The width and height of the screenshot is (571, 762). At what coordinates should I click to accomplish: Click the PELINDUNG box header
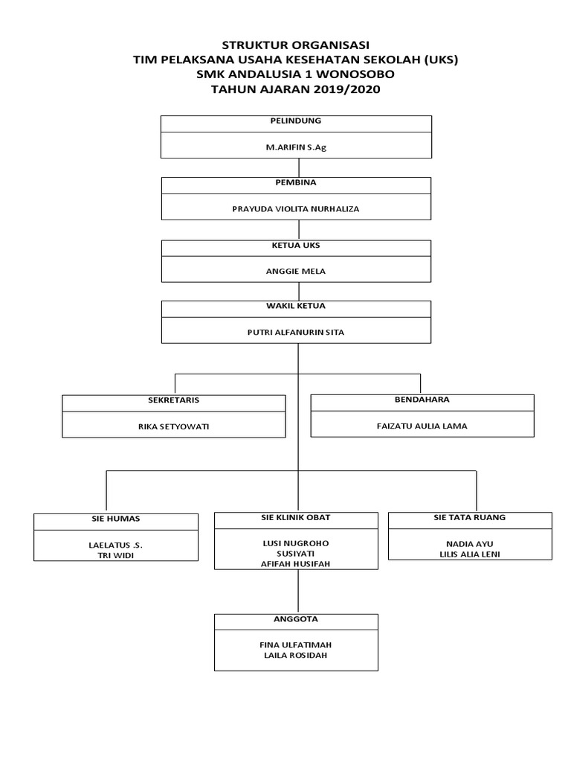(x=296, y=121)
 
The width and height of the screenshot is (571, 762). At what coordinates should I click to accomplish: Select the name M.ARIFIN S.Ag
(x=296, y=147)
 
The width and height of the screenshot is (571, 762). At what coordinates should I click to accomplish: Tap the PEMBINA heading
(x=296, y=182)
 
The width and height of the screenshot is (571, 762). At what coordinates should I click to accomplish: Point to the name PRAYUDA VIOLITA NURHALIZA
(x=296, y=209)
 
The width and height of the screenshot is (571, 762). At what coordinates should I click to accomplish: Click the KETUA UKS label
(x=296, y=245)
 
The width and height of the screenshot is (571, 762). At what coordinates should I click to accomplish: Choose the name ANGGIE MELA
(x=296, y=271)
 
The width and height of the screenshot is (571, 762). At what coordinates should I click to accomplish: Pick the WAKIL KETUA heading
(x=296, y=306)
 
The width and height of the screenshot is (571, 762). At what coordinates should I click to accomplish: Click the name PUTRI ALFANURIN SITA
(x=296, y=333)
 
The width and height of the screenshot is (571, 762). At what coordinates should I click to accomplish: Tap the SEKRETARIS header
(x=174, y=400)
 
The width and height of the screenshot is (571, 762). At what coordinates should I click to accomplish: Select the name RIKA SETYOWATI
(x=174, y=427)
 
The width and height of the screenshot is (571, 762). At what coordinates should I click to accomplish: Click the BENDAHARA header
(x=422, y=400)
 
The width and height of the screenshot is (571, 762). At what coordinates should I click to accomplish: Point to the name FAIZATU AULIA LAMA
(x=422, y=426)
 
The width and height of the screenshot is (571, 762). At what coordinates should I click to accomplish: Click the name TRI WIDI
(x=116, y=555)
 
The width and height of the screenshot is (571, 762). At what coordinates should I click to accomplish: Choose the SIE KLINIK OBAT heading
(x=296, y=517)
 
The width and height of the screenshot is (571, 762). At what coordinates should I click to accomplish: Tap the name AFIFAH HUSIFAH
(x=296, y=564)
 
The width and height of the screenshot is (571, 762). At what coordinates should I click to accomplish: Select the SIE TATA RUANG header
(x=469, y=517)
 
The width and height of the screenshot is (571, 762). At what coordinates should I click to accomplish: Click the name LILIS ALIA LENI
(x=471, y=554)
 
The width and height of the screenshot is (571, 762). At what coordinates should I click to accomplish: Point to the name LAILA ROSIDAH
(x=296, y=656)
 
